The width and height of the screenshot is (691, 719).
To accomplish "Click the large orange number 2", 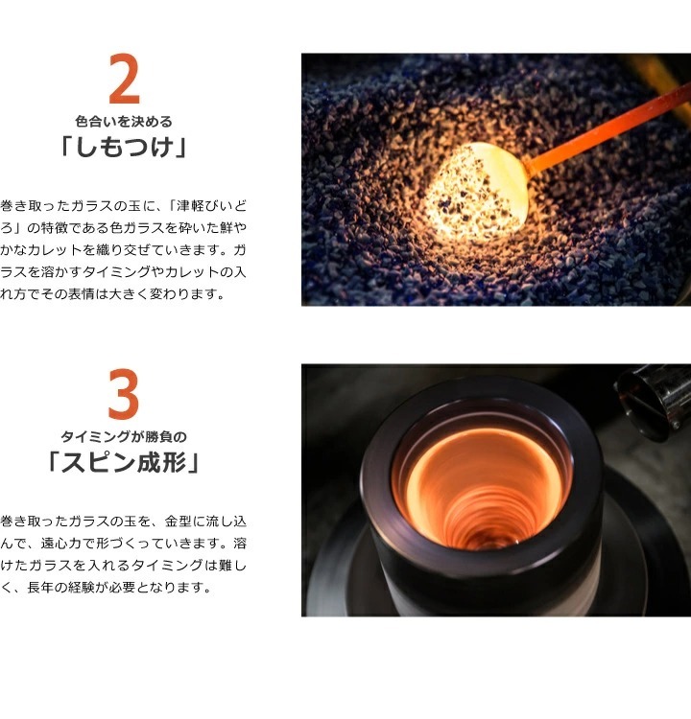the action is (x=124, y=79).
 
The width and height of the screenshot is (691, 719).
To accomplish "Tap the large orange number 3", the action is (x=124, y=394).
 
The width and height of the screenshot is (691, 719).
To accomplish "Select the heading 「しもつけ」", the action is (x=124, y=148).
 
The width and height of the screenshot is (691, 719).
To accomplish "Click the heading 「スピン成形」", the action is (x=124, y=462).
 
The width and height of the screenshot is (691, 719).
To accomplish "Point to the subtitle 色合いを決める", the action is (x=124, y=122).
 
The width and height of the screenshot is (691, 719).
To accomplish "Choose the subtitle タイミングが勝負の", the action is (x=124, y=436).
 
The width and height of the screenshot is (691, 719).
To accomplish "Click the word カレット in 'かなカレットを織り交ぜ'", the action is (x=55, y=250).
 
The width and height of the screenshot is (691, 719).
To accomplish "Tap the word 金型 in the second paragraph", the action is (x=179, y=521).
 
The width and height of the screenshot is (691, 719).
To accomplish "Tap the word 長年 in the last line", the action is (x=40, y=588).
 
